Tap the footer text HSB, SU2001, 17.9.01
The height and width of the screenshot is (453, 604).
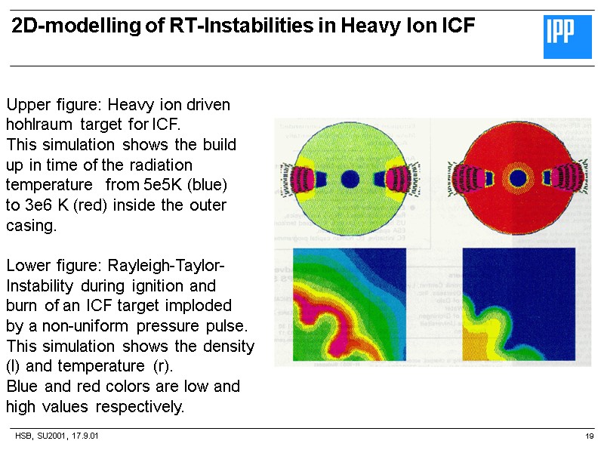(57, 436)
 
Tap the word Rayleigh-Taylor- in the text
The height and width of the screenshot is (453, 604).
(167, 267)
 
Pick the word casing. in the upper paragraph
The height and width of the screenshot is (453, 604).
(31, 226)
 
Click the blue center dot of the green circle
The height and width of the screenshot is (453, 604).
(350, 179)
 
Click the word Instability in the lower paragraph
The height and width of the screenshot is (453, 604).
(40, 287)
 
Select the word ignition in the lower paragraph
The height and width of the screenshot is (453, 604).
(156, 287)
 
